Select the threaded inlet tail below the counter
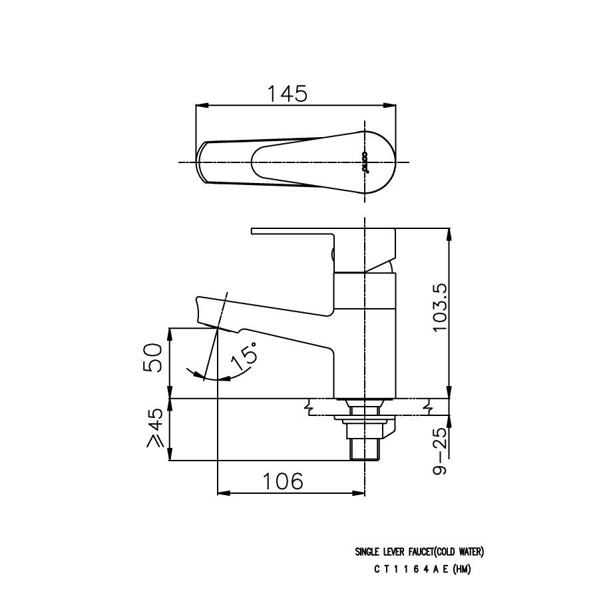click(364, 447)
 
